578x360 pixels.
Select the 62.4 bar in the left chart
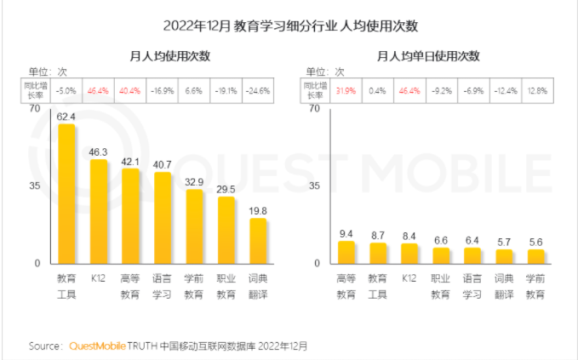[x=66, y=193]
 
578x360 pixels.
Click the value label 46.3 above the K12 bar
[x=99, y=151]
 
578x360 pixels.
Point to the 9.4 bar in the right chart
[x=346, y=252]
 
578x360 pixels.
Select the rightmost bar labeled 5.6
[x=535, y=256]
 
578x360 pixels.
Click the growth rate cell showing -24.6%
[x=258, y=89]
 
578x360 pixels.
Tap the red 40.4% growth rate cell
[x=130, y=89]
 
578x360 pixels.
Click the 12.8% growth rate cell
[x=535, y=89]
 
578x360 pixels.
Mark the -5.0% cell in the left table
[x=66, y=89]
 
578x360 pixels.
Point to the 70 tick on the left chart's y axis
[x=33, y=108]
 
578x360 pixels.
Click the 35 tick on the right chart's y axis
[x=314, y=186]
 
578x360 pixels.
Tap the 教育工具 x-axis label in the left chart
[x=66, y=286]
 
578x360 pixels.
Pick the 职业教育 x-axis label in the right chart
[x=441, y=286]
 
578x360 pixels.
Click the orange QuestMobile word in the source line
[x=96, y=346]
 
